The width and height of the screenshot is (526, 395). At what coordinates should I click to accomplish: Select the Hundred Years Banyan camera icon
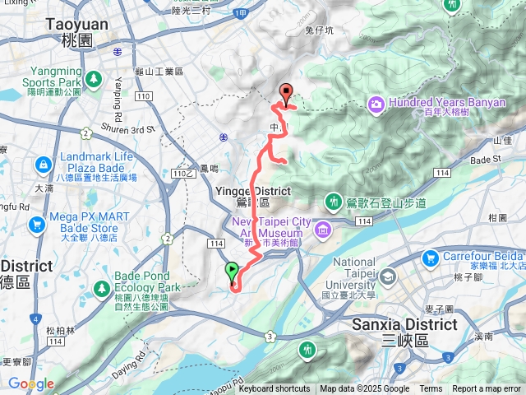[x=376, y=104]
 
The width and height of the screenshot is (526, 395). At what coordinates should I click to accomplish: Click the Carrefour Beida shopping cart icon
[x=429, y=258]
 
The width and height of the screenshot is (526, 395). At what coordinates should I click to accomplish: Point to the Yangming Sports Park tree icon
[x=94, y=78]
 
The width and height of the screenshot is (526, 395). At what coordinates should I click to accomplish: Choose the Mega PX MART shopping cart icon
[x=35, y=224]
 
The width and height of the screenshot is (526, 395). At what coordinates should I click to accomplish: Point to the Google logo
[x=30, y=383]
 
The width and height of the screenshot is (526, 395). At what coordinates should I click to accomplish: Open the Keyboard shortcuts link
[x=275, y=389]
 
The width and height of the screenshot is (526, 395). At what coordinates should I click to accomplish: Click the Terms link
[x=431, y=389]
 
